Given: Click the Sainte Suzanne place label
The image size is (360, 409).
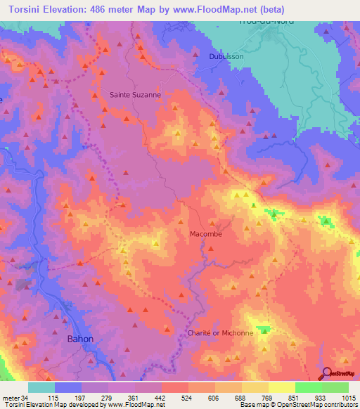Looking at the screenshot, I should pos(136,93).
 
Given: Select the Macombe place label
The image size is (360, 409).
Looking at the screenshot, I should pos(206,234).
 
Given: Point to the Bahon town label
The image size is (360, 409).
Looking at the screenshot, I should pos(79,339).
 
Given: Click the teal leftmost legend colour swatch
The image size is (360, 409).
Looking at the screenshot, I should pos(41,387).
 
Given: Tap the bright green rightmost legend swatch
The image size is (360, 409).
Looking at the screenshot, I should pos(335,387).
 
